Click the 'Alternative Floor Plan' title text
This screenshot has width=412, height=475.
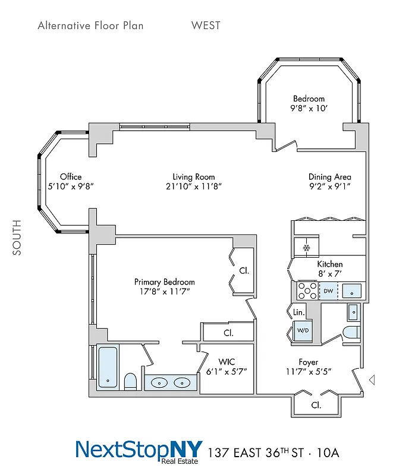(90, 26)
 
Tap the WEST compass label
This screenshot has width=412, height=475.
(206, 26)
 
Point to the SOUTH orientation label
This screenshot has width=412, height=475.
(17, 237)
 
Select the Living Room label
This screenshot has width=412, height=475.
(194, 177)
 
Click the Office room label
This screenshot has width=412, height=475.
(71, 177)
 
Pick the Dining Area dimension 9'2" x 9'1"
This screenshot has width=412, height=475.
(329, 186)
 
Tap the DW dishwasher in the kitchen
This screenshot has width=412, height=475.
(328, 291)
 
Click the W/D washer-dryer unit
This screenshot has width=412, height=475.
(303, 330)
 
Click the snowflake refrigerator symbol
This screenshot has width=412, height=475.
(307, 248)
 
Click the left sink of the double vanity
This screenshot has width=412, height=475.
(159, 382)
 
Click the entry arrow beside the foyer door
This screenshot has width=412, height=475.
(372, 379)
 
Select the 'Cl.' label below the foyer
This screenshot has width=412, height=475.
(316, 406)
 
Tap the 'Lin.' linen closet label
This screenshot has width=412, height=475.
(299, 312)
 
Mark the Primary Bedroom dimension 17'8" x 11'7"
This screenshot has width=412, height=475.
(165, 292)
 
